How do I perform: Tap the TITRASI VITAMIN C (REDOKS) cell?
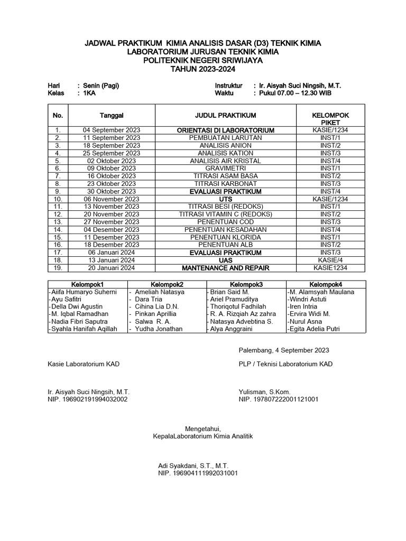click(226, 214)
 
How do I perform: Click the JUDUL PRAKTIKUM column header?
click(226, 115)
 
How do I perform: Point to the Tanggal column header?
click(112, 115)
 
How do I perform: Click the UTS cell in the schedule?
click(226, 199)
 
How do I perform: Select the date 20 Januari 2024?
click(112, 268)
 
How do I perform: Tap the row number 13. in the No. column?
click(58, 222)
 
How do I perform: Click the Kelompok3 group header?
click(246, 284)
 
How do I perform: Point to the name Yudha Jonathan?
click(159, 329)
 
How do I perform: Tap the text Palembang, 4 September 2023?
click(284, 350)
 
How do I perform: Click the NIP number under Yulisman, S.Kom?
click(279, 399)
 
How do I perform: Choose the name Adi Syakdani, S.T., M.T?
click(193, 466)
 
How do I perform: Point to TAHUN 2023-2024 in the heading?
click(202, 69)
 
